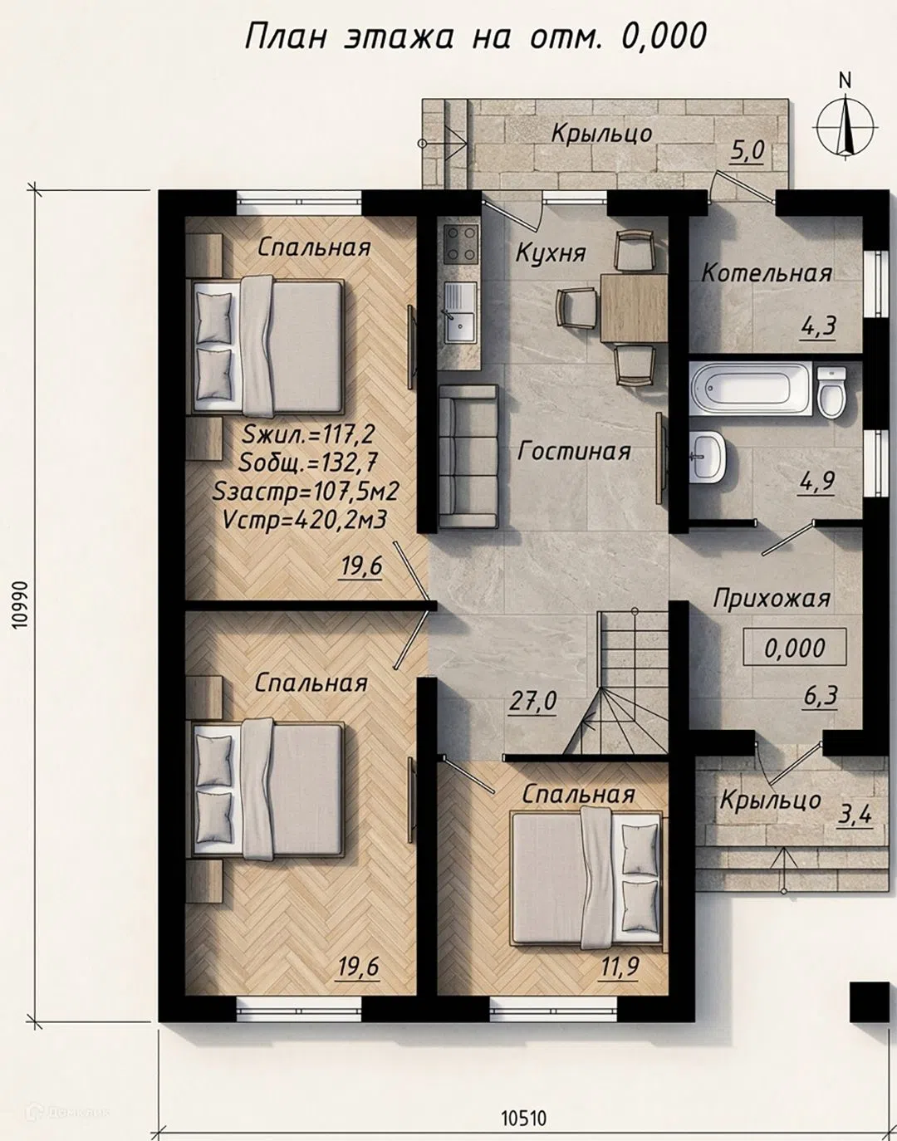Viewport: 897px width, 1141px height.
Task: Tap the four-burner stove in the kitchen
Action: pyautogui.click(x=461, y=244)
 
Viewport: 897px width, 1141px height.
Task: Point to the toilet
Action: pyautogui.click(x=832, y=392)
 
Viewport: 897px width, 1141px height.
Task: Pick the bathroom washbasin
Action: pyautogui.click(x=708, y=456)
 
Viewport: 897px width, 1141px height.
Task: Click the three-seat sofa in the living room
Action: pyautogui.click(x=468, y=456)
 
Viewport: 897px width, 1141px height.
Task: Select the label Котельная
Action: pyautogui.click(x=767, y=273)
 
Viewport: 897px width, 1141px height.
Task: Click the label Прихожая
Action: pyautogui.click(x=772, y=599)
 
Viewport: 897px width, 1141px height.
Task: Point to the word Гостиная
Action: pyautogui.click(x=574, y=451)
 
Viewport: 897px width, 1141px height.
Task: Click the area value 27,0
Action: pyautogui.click(x=532, y=702)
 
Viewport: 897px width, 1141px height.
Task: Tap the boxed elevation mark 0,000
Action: pyautogui.click(x=795, y=648)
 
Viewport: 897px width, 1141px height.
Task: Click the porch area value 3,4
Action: pyautogui.click(x=853, y=815)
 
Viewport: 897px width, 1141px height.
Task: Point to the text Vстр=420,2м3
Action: pyautogui.click(x=305, y=521)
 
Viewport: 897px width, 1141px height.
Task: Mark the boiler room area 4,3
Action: pyautogui.click(x=818, y=326)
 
